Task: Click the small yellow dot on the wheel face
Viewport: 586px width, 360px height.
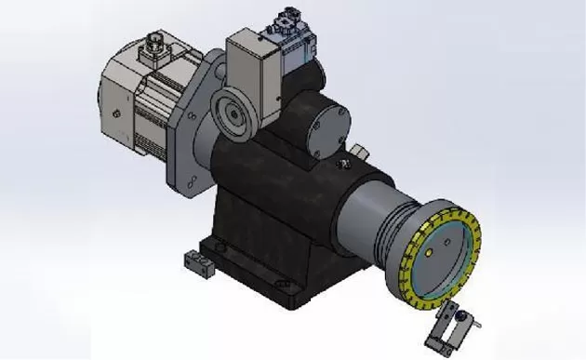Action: (431, 247)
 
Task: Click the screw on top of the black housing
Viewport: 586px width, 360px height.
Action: (343, 166)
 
